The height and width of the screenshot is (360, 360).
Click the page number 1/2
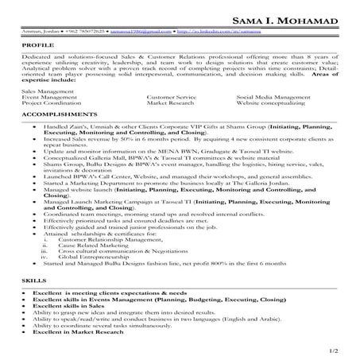point(343,350)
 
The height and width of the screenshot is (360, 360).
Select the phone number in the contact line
point(77,33)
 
